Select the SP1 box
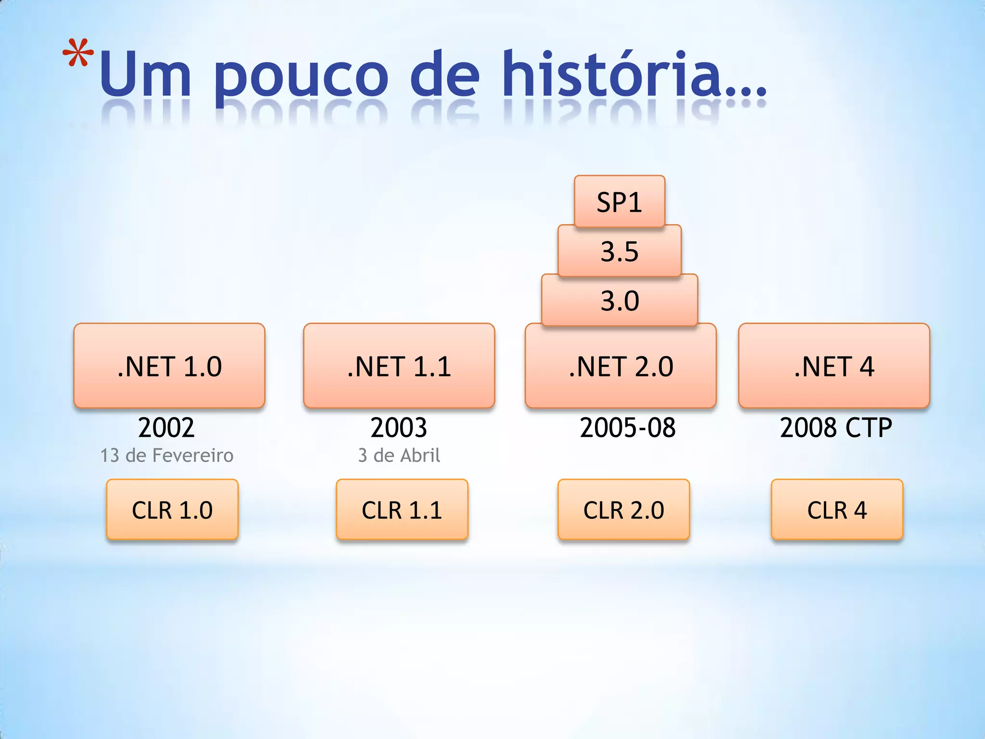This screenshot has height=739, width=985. pyautogui.click(x=619, y=202)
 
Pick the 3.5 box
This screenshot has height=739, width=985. pyautogui.click(x=619, y=251)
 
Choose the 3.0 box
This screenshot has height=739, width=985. pyautogui.click(x=619, y=301)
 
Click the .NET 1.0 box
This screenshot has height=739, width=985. pyautogui.click(x=169, y=366)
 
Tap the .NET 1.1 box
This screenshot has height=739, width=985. pyautogui.click(x=399, y=366)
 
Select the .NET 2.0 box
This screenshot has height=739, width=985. pyautogui.click(x=620, y=366)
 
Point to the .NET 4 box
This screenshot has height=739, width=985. pyautogui.click(x=834, y=366)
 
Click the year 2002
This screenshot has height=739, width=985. pyautogui.click(x=166, y=427)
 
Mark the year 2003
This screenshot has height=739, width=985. pyautogui.click(x=399, y=427)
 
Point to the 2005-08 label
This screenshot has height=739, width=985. pyautogui.click(x=628, y=427)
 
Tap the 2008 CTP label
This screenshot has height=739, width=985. pyautogui.click(x=836, y=427)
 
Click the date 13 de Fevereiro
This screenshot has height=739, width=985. pyautogui.click(x=166, y=455)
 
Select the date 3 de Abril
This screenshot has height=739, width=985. pyautogui.click(x=399, y=455)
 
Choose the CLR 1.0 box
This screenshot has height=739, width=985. pyautogui.click(x=172, y=510)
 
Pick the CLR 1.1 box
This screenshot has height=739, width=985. pyautogui.click(x=402, y=510)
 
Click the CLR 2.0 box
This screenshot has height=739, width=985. pyautogui.click(x=624, y=510)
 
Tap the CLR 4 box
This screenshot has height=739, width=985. pyautogui.click(x=837, y=510)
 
